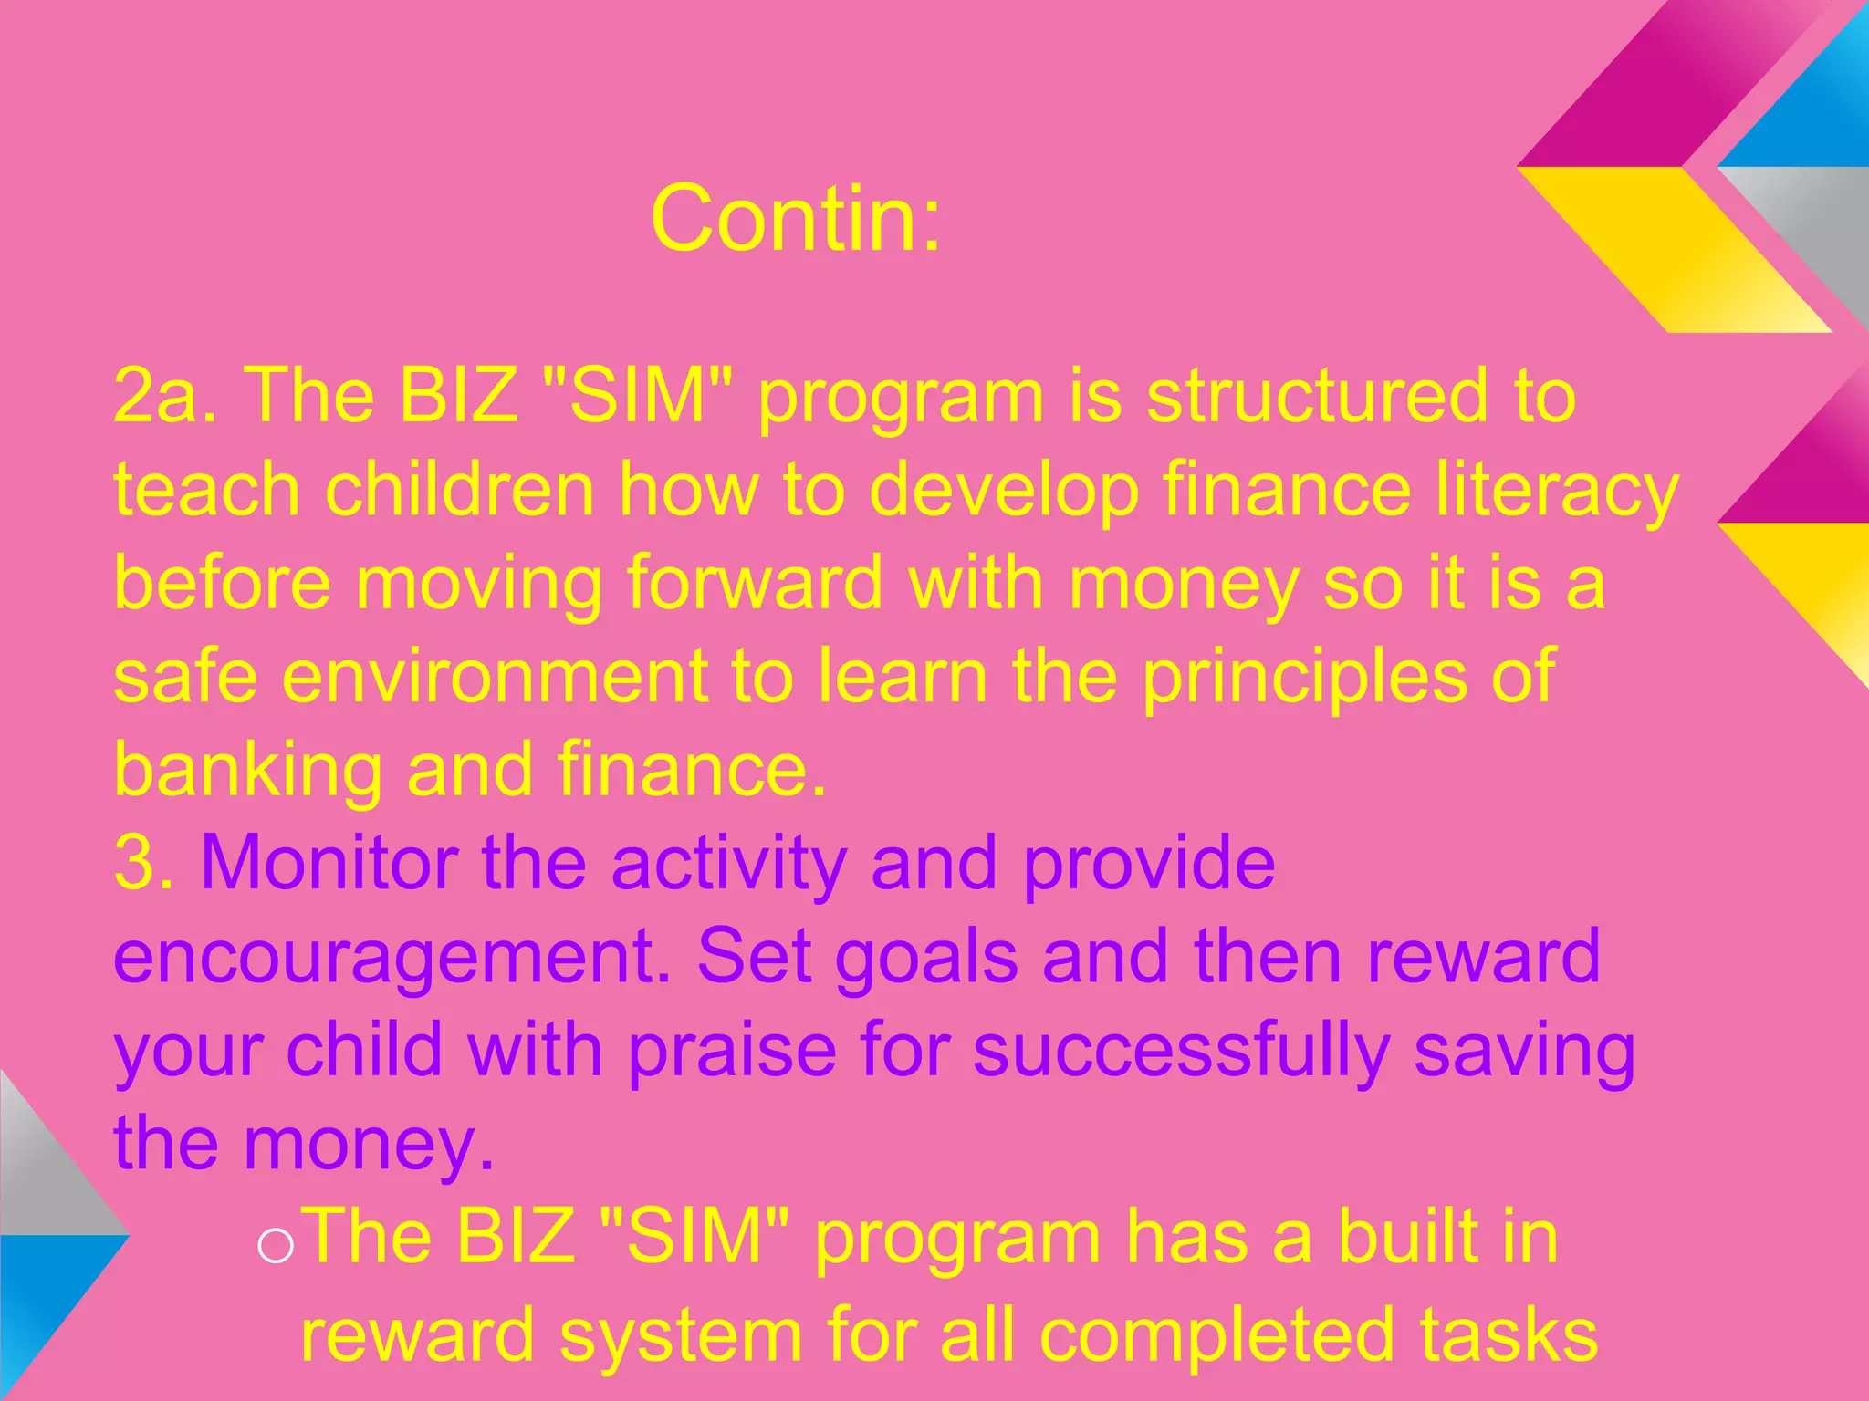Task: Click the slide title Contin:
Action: pyautogui.click(x=795, y=219)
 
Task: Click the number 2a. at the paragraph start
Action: pyautogui.click(x=164, y=397)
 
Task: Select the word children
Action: pyautogui.click(x=460, y=490)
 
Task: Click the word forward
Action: pyautogui.click(x=755, y=583)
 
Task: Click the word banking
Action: pyautogui.click(x=247, y=772)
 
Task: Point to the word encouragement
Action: pyautogui.click(x=392, y=958)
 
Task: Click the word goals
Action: pyautogui.click(x=926, y=958)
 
